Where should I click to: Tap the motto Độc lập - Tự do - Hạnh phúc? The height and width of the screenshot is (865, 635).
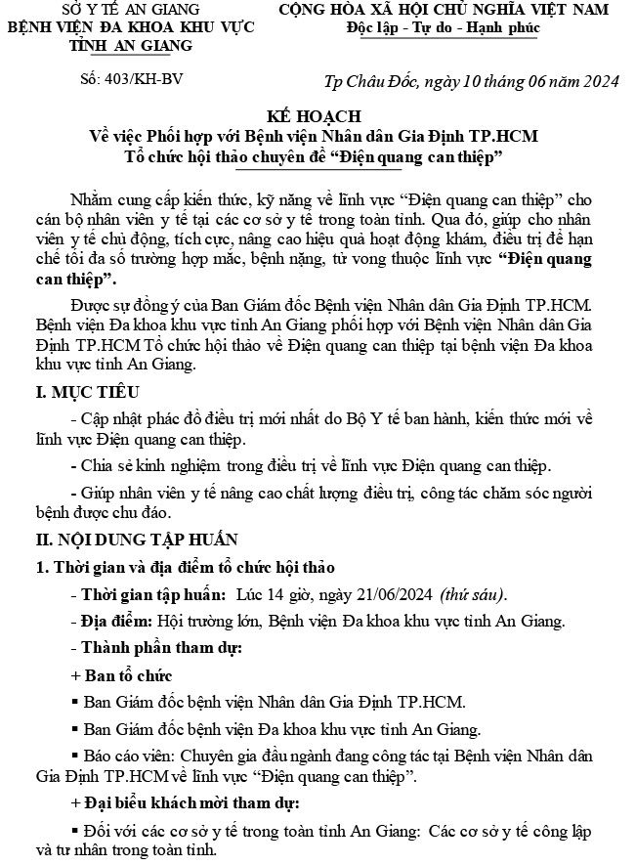443,27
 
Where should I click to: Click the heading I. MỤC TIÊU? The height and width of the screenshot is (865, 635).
85,393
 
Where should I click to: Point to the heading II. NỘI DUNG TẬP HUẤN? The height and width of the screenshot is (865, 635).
136,540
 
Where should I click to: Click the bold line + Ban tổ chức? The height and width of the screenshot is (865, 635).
121,675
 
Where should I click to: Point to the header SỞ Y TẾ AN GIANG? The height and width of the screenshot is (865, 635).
130,10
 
